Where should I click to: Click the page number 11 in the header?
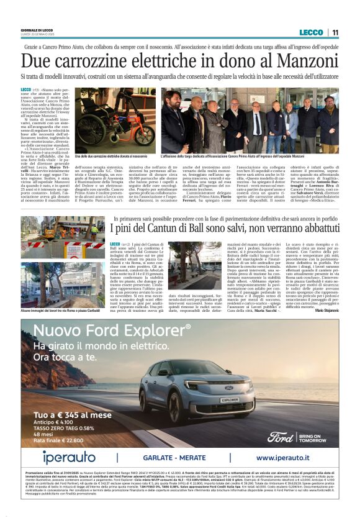click(335, 32)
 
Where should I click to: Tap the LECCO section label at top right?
click(311, 32)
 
